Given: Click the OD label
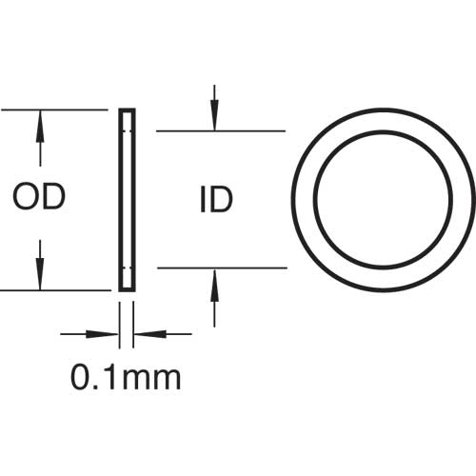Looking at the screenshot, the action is [39, 197].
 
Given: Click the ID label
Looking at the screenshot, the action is [217, 200].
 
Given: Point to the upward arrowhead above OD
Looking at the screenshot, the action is [40, 122].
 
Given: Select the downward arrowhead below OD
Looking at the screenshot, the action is [40, 278].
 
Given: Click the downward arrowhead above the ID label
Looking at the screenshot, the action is [215, 119].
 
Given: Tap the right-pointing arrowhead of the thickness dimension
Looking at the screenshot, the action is [102, 334].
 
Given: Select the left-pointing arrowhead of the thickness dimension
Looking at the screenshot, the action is [150, 334].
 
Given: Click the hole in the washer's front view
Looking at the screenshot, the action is [383, 199].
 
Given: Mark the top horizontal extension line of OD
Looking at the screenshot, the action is [55, 110].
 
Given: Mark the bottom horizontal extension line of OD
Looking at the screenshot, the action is [56, 290].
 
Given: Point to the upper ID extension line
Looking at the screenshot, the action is [221, 130].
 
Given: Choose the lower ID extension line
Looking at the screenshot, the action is [223, 268].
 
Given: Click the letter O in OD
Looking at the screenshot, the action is [26, 197].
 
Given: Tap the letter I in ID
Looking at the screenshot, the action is [203, 200].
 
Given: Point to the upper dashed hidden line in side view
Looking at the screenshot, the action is [128, 130].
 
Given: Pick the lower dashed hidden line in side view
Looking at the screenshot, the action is [128, 268].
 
